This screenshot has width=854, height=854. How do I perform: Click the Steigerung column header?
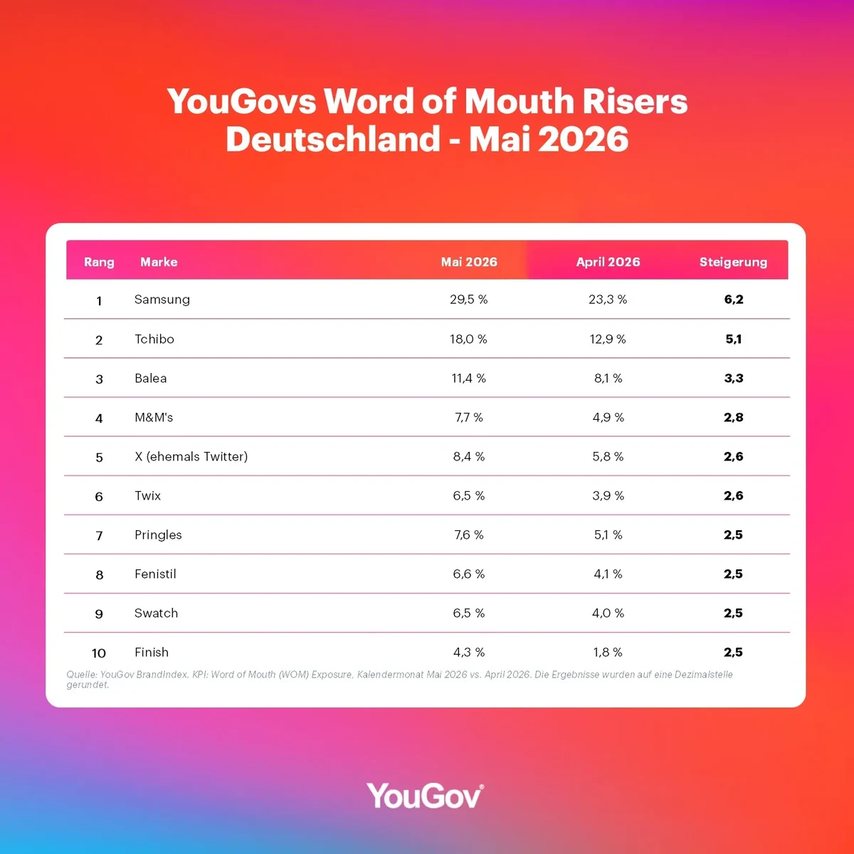(733, 262)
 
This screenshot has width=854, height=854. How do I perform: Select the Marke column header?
(159, 262)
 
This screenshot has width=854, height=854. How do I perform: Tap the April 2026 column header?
(608, 262)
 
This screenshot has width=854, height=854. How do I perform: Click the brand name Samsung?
(162, 300)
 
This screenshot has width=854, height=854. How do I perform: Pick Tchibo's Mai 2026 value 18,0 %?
(468, 339)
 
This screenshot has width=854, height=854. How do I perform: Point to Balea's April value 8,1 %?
(608, 378)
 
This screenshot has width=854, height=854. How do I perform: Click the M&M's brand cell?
(153, 417)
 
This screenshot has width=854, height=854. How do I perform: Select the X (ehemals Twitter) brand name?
(191, 456)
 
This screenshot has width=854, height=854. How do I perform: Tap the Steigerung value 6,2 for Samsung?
(734, 300)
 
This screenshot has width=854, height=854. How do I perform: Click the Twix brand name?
(147, 495)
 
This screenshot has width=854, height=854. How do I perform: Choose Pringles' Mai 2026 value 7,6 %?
(468, 534)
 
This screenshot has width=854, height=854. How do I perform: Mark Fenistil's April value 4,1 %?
(608, 574)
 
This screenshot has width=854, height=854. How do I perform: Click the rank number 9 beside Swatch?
(99, 613)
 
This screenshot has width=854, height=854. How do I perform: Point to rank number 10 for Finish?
(99, 653)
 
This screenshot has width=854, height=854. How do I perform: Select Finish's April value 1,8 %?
(608, 652)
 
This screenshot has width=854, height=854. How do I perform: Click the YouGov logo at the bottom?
(425, 796)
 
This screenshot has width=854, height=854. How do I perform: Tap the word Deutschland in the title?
(333, 139)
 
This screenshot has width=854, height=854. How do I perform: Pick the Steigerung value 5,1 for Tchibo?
(734, 339)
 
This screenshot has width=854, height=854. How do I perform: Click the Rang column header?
(99, 262)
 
